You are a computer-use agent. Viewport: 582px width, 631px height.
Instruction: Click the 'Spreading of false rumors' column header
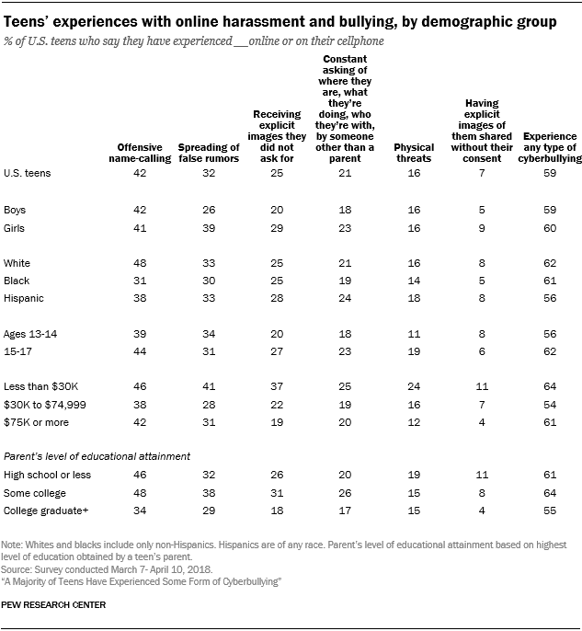click(x=208, y=153)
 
